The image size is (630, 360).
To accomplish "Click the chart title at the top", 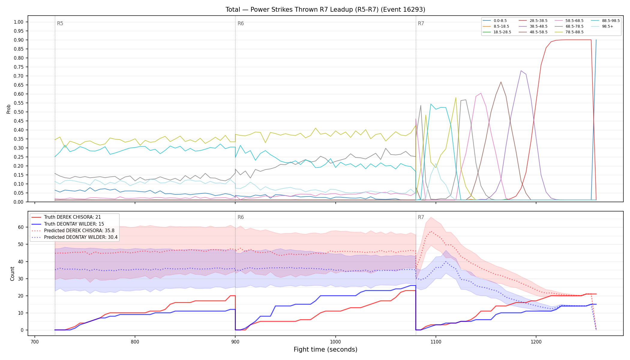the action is tap(325, 10).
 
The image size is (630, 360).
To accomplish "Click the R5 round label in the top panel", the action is tap(60, 23).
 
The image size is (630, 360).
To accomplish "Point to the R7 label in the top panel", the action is tap(421, 23).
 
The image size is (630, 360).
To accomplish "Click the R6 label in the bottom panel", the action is tap(241, 217).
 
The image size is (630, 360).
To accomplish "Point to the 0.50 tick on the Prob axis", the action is tap(19, 112).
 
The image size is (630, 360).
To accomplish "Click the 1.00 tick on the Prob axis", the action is tap(19, 22).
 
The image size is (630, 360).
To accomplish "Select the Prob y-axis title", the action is tap(9, 109).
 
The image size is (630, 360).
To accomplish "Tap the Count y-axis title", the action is tap(12, 274).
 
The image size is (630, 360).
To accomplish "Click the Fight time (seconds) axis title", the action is tap(325, 349).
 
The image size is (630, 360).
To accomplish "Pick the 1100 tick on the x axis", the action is tap(436, 341).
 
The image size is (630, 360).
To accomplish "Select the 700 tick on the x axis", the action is tap(35, 341).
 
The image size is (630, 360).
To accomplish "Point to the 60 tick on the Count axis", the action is tap(21, 227).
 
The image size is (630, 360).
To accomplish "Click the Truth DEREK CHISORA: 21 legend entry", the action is tap(72, 217).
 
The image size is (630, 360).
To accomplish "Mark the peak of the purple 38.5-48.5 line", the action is tap(521, 71).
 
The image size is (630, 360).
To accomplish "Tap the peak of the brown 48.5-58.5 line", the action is tap(501, 82).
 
